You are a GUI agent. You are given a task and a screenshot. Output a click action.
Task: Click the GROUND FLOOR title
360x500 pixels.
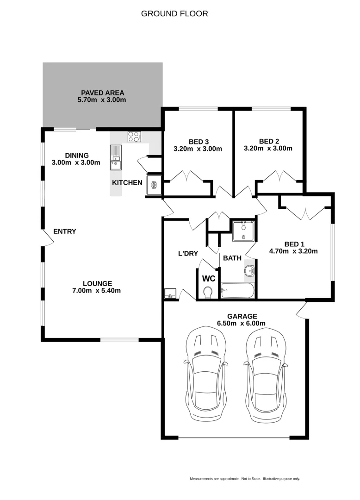tap(174, 14)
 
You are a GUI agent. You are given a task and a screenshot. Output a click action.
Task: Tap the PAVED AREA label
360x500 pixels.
tap(102, 93)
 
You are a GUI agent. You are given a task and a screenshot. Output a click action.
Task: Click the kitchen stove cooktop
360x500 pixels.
tap(134, 137)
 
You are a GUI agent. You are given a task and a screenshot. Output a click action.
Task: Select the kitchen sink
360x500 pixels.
tap(115, 163)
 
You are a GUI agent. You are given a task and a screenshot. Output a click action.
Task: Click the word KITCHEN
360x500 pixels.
tap(127, 182)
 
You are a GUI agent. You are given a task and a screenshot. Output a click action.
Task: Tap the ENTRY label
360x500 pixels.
tap(65, 231)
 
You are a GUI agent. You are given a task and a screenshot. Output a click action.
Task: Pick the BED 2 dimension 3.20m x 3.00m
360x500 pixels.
tap(268, 149)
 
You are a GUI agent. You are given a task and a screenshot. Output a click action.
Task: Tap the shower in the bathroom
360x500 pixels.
tap(243, 231)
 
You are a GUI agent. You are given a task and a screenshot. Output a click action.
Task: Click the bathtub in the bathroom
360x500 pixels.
tap(237, 291)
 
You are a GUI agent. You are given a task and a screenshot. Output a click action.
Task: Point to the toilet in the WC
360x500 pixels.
tap(208, 292)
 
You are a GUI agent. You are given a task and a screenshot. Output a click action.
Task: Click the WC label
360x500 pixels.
tap(209, 279)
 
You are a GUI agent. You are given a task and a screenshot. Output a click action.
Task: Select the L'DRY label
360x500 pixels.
tap(188, 253)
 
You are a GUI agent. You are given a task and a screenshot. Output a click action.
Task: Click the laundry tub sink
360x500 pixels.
tap(170, 293)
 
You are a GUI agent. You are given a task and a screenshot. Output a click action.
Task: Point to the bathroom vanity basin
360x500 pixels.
tap(249, 271)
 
